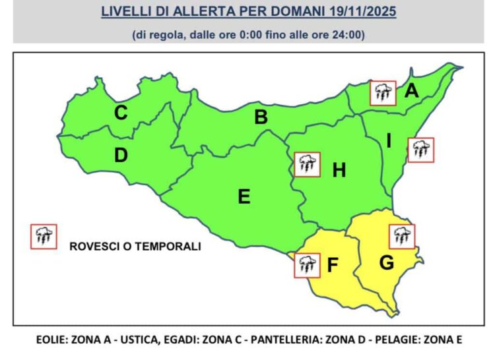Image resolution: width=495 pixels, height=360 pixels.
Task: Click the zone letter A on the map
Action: pyautogui.click(x=412, y=91)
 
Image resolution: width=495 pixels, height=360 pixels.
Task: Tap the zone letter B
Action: pyautogui.click(x=261, y=118)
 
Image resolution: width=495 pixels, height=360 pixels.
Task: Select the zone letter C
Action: pyautogui.click(x=120, y=113)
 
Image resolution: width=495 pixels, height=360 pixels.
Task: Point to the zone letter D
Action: pyautogui.click(x=120, y=156)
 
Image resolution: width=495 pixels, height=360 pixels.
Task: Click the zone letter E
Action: pyautogui.click(x=244, y=196)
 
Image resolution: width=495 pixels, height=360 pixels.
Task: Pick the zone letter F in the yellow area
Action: pyautogui.click(x=333, y=266)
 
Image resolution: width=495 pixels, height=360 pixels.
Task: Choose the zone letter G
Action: pyautogui.click(x=387, y=262)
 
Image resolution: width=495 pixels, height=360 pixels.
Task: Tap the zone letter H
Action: pyautogui.click(x=339, y=170)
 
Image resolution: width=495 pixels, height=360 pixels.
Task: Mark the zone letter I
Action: pyautogui.click(x=389, y=140)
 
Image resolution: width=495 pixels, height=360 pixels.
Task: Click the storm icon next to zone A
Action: pyautogui.click(x=382, y=94)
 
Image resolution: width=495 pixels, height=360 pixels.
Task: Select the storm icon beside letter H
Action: pyautogui.click(x=306, y=164)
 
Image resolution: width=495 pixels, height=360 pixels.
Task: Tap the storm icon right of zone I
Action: pyautogui.click(x=420, y=149)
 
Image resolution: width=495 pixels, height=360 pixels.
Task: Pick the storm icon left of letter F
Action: pyautogui.click(x=304, y=265)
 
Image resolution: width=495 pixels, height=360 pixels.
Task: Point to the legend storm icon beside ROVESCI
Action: pyautogui.click(x=44, y=236)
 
